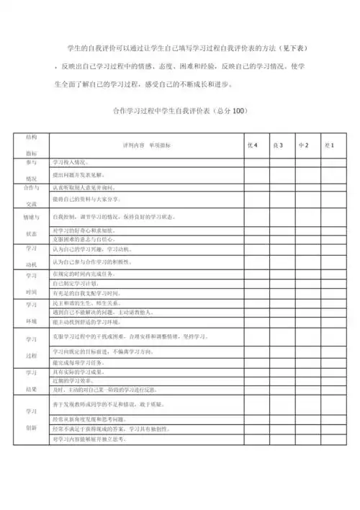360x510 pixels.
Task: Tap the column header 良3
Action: pyautogui.click(x=278, y=146)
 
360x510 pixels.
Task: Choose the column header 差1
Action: pyautogui.click(x=329, y=146)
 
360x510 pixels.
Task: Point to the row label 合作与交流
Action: pyautogui.click(x=32, y=195)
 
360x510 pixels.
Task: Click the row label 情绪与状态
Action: pyautogui.click(x=32, y=224)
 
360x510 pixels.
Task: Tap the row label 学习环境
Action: pyautogui.click(x=32, y=314)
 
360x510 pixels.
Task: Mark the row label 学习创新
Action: pyautogui.click(x=32, y=419)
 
